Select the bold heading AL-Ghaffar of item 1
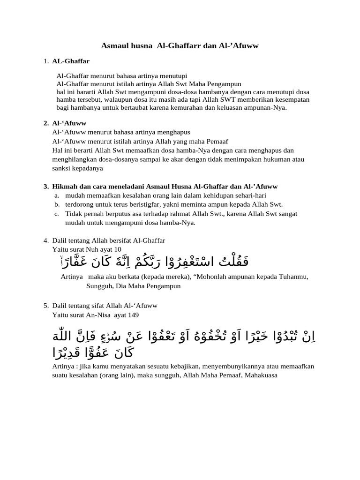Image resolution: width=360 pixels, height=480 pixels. coord(71,61)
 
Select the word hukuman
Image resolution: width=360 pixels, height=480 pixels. coord(279,160)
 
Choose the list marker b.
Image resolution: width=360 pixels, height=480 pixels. coord(57,204)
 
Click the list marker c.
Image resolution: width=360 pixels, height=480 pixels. coord(56,214)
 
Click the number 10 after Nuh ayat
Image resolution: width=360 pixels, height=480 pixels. coord(117,249)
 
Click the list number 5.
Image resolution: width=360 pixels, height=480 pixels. coord(46,306)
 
